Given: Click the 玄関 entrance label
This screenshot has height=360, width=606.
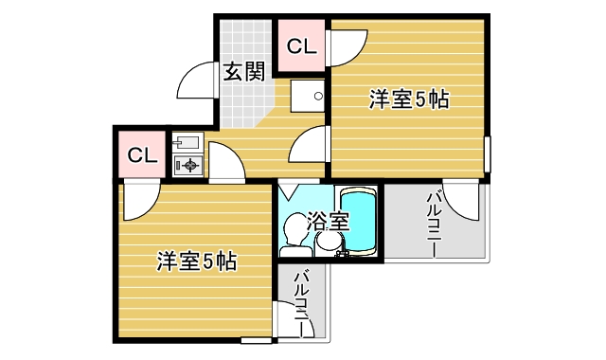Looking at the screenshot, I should (244, 72).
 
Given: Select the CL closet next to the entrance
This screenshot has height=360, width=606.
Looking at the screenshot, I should (300, 45).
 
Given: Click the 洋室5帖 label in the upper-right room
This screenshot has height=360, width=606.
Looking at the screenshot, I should (408, 98).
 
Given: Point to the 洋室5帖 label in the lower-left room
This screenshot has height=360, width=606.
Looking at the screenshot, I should (196, 261).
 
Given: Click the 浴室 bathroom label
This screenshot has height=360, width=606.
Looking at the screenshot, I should (330, 223).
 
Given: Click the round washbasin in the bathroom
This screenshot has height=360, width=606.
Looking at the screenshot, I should (330, 244).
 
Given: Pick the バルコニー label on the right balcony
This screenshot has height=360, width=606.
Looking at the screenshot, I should (433, 224).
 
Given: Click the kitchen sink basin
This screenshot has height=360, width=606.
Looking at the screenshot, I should (187, 143).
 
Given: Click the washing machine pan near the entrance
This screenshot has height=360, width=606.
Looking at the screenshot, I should (307, 97).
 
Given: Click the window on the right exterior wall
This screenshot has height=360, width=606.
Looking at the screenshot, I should (488, 153).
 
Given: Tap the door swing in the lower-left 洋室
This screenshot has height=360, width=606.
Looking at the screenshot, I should (138, 198).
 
